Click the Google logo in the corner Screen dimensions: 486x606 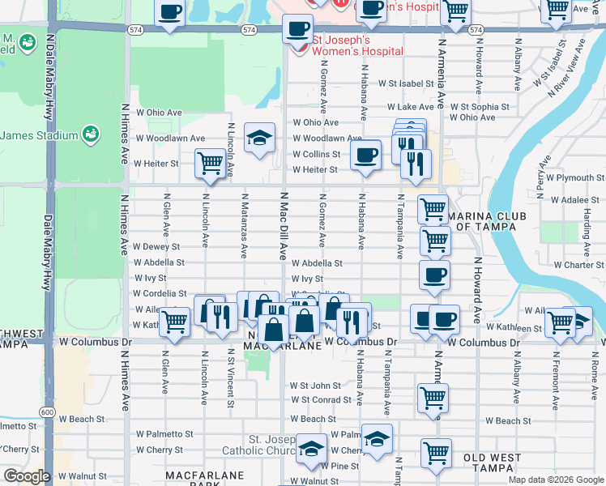coord(28,476)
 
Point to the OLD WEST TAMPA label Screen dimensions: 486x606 coord(493,464)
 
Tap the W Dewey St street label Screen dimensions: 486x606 coord(156,246)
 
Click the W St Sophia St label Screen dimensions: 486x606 coord(480,107)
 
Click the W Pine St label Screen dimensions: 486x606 coord(339,467)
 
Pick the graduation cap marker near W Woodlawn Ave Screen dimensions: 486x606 coord(259,138)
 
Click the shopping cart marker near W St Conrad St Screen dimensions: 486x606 coord(433,397)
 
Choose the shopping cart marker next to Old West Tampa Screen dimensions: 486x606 coord(437,452)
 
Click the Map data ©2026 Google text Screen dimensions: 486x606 coord(555,480)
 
